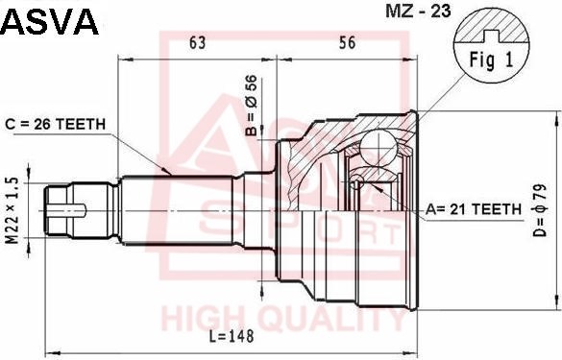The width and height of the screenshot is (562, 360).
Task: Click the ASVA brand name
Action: (x=49, y=21)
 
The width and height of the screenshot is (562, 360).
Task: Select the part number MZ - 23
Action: (x=418, y=12)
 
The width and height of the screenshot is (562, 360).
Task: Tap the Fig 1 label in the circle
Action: (x=492, y=60)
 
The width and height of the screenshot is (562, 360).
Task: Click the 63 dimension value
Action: (x=198, y=42)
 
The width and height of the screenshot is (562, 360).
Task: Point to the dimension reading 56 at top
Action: (x=347, y=42)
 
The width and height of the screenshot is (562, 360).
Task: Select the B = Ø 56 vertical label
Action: (x=252, y=106)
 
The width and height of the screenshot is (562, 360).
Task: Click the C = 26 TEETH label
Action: (x=56, y=124)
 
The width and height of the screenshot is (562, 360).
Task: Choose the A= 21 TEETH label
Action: (x=474, y=209)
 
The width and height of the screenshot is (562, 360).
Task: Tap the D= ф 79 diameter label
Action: (x=540, y=210)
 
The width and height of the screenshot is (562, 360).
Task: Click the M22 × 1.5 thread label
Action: (x=12, y=210)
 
